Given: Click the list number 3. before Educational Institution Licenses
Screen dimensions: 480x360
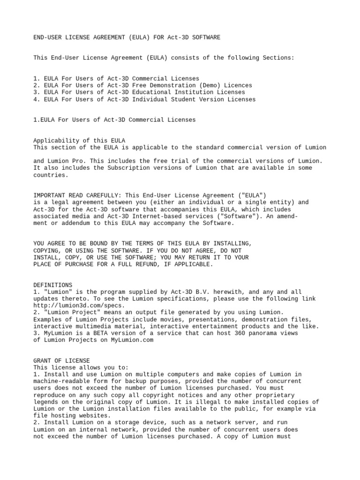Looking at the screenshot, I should click(37, 92).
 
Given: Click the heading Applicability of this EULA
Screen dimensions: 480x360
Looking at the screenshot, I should click(79, 140).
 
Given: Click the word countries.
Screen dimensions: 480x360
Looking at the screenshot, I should click(51, 175).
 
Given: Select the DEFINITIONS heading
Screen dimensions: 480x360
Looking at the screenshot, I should click(52, 285).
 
